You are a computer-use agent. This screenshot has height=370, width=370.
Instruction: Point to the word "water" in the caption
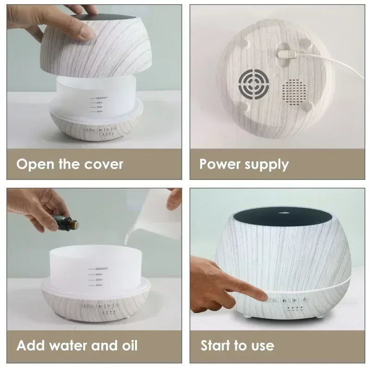pos(70,345)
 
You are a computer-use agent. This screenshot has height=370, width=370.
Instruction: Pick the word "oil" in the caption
pos(128,345)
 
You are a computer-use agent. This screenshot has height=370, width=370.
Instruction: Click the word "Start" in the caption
pos(217,345)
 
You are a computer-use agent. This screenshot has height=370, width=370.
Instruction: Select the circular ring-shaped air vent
pos(253,85)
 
